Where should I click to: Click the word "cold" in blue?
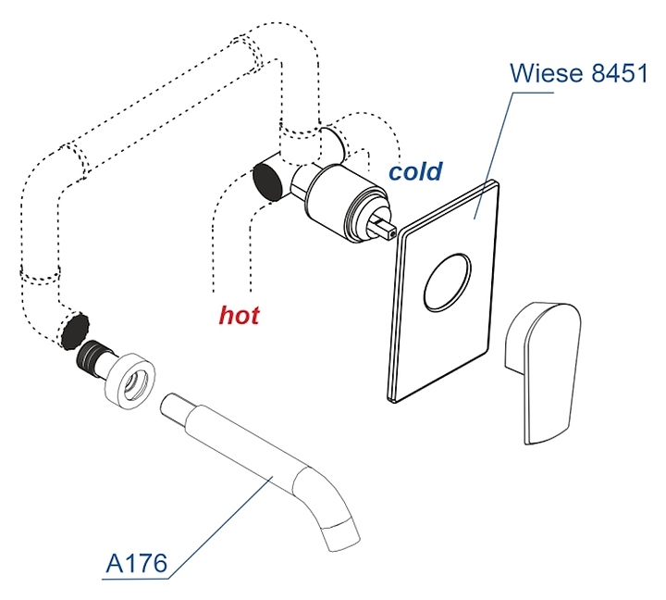415,172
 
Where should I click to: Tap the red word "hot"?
239,315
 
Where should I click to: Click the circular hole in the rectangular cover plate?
448,284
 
